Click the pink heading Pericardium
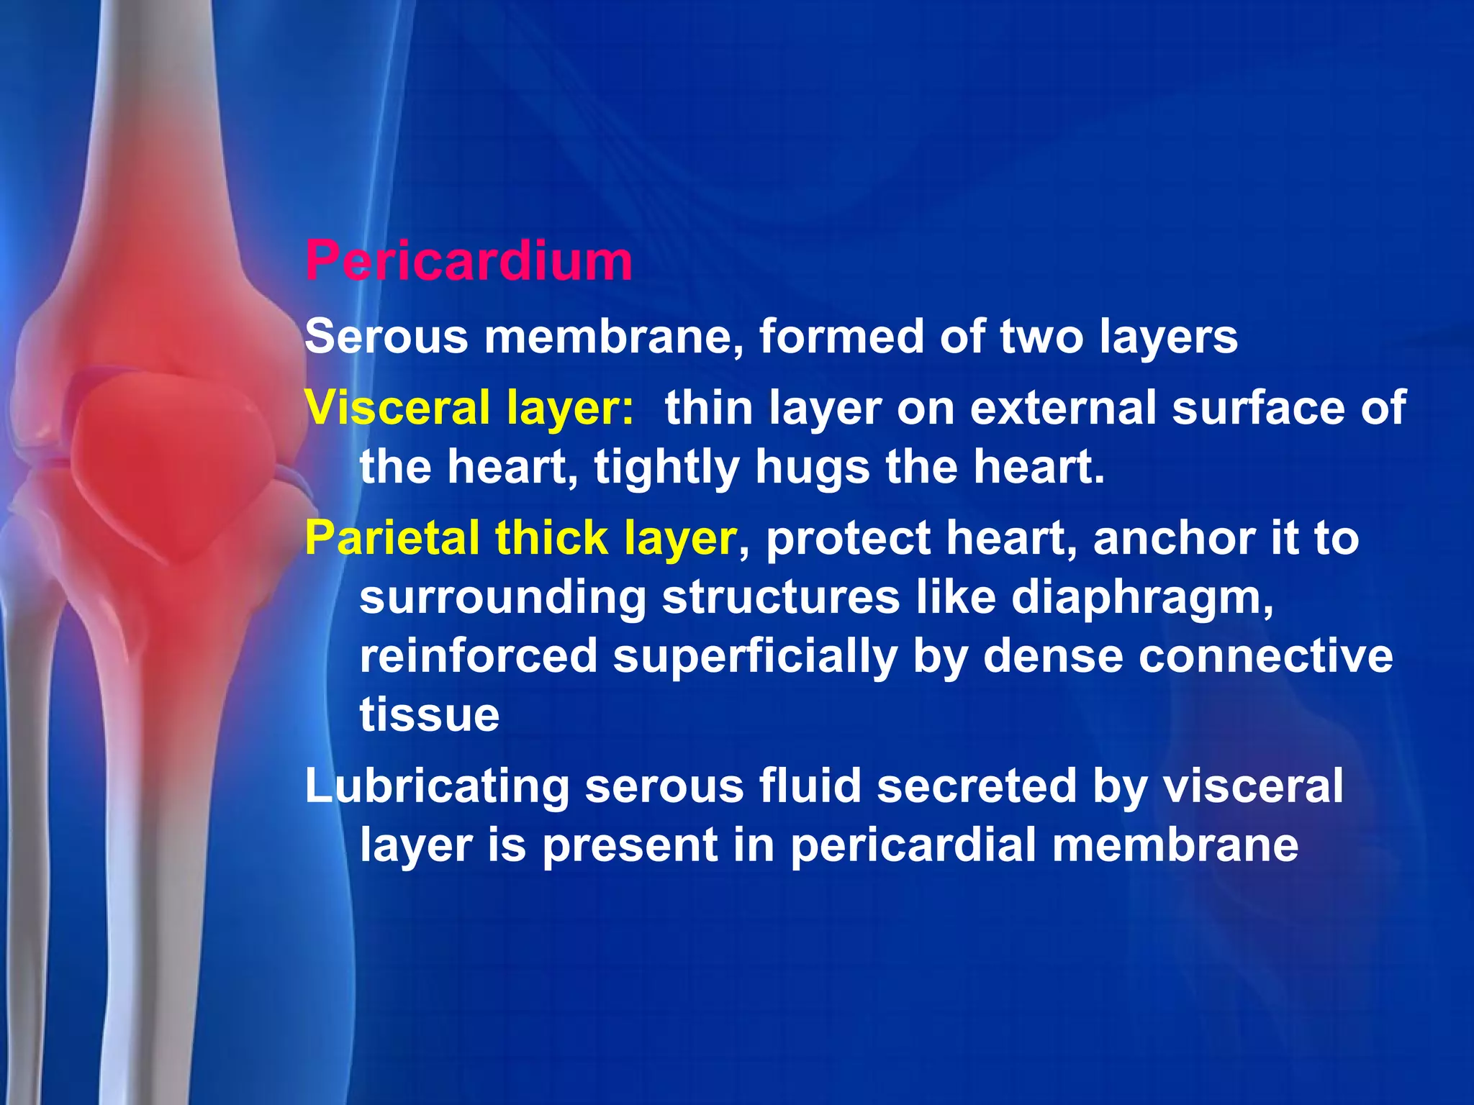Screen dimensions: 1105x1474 coord(469,260)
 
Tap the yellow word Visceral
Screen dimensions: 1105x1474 coord(397,407)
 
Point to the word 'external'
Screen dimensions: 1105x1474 coord(1063,407)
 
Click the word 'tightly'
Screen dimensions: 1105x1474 coord(666,468)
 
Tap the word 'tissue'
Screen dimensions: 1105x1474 coord(430,715)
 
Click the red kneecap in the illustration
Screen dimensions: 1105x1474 coord(173,460)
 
